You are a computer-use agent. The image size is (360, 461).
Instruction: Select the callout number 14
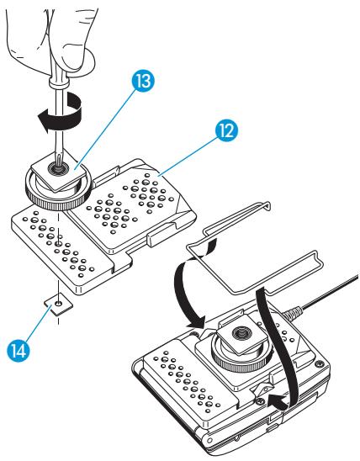point(31,347)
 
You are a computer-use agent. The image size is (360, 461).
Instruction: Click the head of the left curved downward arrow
point(202,323)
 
